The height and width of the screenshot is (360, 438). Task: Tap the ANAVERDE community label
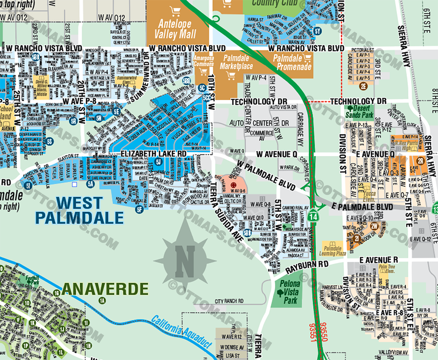click(x=105, y=289)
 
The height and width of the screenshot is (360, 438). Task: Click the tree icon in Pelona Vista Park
click(x=281, y=293)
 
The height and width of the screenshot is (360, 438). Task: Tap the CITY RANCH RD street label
click(x=229, y=301)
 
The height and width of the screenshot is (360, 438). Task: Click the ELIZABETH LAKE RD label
click(x=154, y=153)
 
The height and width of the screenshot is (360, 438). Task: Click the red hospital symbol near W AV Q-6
click(x=233, y=184)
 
